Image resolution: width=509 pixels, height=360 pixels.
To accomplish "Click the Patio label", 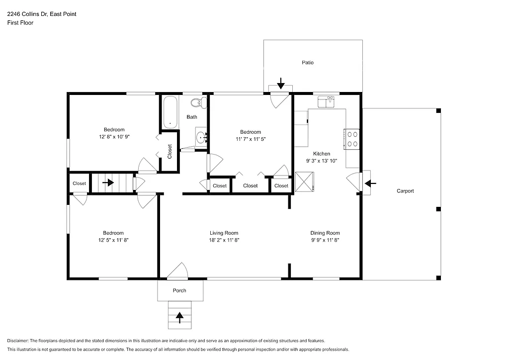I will pos(308,63).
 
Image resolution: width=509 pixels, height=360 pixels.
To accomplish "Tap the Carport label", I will pos(405,191).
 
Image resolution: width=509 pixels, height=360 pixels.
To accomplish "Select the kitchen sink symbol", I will pos(327,101).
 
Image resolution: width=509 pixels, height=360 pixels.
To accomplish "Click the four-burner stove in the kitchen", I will pos(352,138).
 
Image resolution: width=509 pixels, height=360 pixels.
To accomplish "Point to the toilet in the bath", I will pos(199,103).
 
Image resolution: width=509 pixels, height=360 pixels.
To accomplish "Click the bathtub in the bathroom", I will pos(170,112).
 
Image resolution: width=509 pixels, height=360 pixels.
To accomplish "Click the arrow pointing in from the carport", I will pos(370,183).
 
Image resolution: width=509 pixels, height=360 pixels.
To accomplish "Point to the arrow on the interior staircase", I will pos(108,182).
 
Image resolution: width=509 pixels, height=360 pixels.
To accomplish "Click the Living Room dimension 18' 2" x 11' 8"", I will pos(224,240).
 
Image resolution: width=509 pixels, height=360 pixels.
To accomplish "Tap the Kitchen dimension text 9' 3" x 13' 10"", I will pos(321,161).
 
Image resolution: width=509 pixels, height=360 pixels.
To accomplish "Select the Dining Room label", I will pos(325,233).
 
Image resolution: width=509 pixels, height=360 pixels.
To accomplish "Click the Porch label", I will pos(179,290).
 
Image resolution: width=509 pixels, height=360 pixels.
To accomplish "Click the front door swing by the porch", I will pos(177,271).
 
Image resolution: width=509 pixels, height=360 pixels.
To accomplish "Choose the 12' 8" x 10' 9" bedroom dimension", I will pos(114,136).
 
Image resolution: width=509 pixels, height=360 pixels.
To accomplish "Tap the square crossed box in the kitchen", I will pos(305,181).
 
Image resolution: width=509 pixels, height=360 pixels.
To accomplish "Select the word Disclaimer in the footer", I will pos(18,341).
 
